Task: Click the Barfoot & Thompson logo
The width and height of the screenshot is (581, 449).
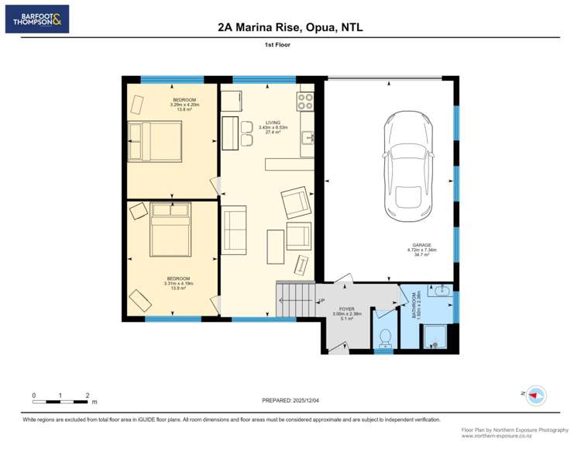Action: (36, 19)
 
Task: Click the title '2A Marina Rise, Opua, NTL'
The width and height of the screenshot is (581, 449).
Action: (290, 27)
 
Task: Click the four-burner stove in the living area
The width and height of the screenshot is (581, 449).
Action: (305, 102)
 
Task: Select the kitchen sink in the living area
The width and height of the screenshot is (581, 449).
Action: (307, 138)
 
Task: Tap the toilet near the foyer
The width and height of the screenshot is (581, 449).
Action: (383, 338)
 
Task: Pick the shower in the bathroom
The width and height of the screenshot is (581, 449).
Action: (435, 335)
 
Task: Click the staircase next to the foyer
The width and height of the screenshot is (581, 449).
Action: (295, 299)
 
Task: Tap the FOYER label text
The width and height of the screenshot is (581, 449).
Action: (347, 309)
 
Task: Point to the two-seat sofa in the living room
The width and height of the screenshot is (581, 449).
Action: (234, 230)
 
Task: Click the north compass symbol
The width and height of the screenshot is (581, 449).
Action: (537, 395)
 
